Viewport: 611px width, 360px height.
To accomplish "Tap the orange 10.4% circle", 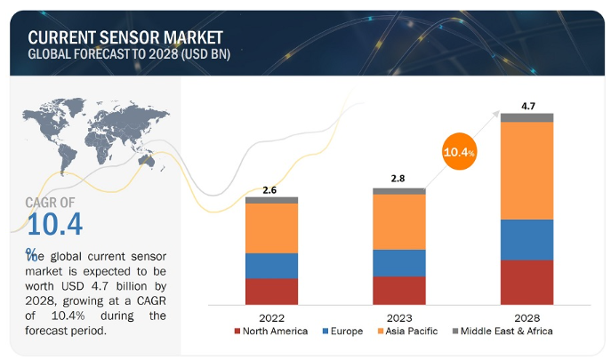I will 458,152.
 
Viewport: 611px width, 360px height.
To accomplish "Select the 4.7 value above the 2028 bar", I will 527,106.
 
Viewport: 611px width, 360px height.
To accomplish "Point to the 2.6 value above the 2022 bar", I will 271,189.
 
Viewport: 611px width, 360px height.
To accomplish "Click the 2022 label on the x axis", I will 271,316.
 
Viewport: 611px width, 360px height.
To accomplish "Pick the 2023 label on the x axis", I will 399,316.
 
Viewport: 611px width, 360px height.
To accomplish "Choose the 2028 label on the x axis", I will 527,316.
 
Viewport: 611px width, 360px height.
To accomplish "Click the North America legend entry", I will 271,332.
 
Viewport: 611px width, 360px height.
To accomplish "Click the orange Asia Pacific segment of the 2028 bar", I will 527,170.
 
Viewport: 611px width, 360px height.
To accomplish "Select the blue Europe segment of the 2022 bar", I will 271,266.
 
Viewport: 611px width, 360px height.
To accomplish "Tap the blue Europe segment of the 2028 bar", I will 527,239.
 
